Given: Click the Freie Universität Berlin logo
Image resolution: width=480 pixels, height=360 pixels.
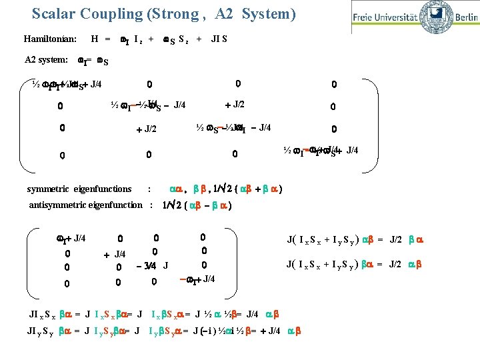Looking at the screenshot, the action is click(414, 17).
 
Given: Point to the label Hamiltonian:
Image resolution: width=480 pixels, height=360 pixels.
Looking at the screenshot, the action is click(50, 39).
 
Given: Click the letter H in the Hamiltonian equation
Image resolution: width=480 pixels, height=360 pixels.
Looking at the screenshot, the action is click(95, 39).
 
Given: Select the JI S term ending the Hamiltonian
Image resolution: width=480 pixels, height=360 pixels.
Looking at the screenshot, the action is click(219, 39).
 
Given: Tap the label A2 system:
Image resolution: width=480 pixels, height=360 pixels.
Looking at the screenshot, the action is click(46, 59).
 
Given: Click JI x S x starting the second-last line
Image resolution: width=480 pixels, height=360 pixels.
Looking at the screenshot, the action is click(42, 313).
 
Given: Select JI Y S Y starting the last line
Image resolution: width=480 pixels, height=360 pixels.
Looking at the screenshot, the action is click(42, 329).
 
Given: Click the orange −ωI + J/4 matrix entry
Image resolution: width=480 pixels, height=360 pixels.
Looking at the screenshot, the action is click(198, 279).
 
